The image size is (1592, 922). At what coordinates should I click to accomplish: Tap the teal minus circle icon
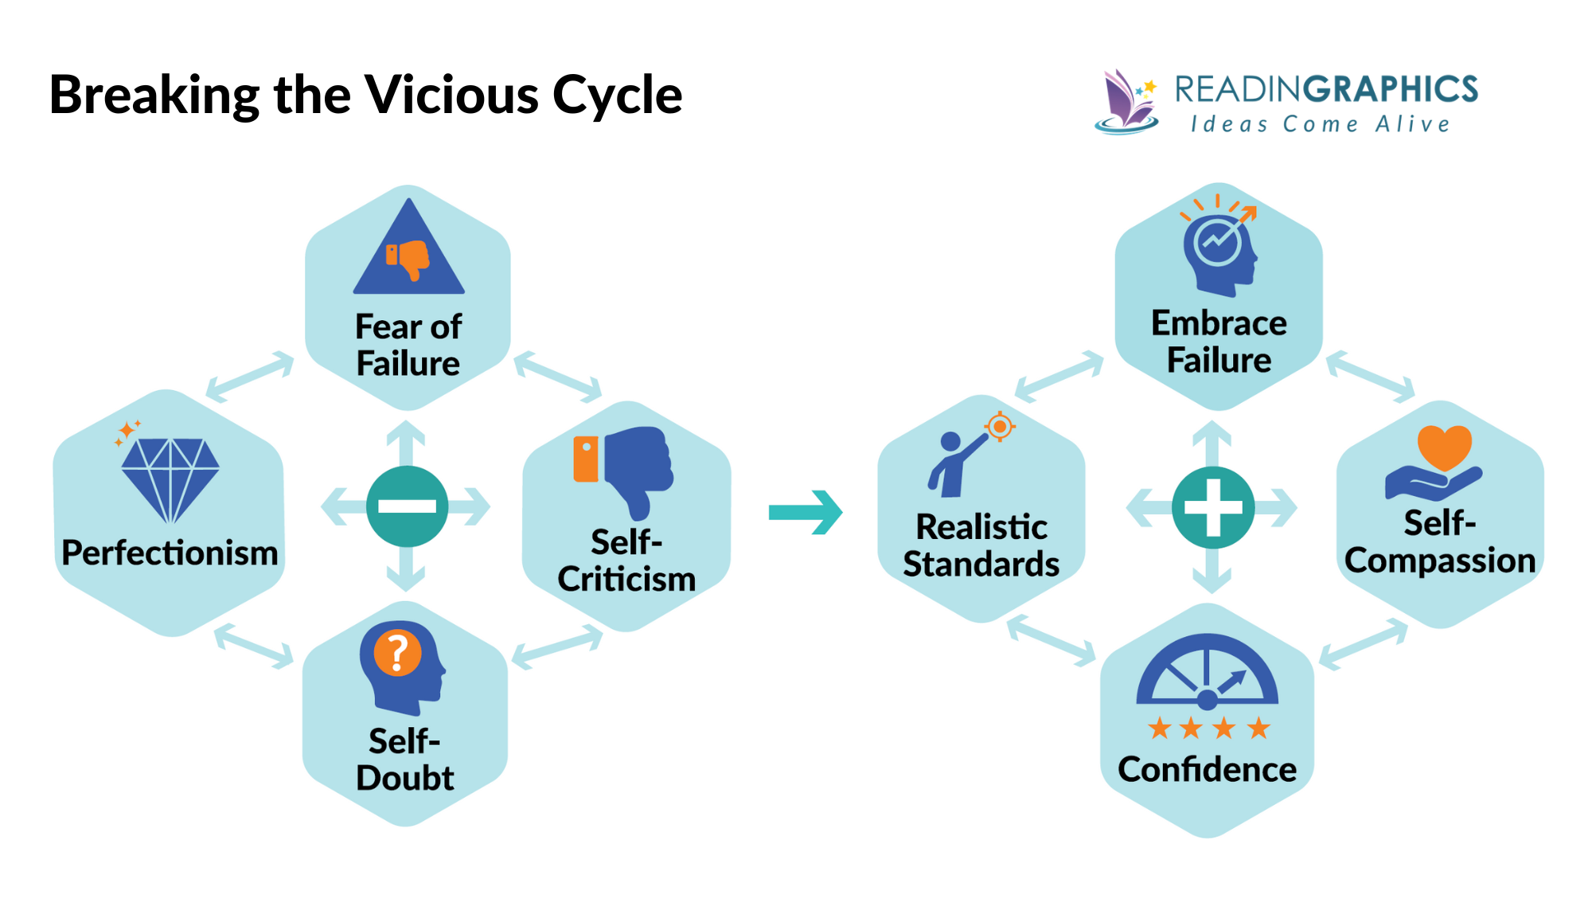click(407, 506)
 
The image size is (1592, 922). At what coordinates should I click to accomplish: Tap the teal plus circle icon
click(1212, 507)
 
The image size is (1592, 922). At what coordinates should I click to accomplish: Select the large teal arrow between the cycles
click(806, 512)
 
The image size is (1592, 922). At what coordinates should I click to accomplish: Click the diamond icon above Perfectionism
click(170, 479)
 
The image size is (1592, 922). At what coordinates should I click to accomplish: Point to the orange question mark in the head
click(397, 653)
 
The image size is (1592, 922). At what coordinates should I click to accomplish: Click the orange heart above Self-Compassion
click(1444, 447)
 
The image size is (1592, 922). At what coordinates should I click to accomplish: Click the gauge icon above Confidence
click(1207, 673)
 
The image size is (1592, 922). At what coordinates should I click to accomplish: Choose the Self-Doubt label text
click(404, 760)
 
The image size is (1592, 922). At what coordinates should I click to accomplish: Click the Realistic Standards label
click(981, 545)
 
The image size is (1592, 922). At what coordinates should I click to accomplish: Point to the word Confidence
click(1207, 769)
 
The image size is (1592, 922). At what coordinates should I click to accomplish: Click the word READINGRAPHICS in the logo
click(1326, 89)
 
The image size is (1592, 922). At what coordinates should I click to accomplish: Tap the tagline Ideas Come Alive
click(1321, 124)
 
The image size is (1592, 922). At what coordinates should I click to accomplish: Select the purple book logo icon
click(1126, 102)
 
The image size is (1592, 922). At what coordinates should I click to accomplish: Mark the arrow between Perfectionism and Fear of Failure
click(250, 376)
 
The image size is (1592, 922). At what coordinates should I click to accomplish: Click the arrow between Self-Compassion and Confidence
click(1364, 644)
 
